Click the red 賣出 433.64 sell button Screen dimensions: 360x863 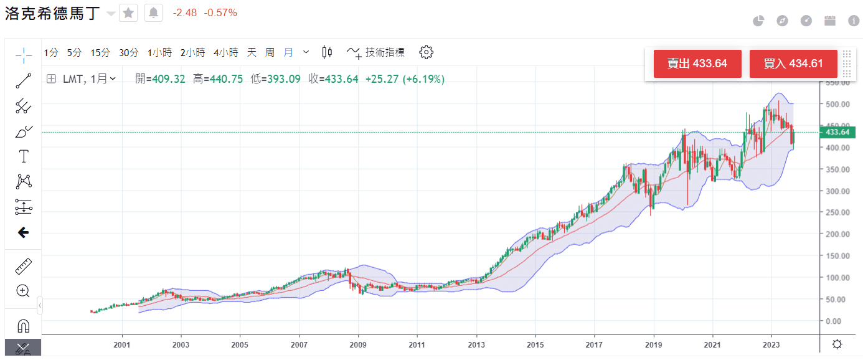point(697,64)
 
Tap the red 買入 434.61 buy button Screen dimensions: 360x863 point(793,64)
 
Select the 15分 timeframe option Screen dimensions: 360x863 point(100,53)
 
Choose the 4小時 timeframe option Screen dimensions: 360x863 point(225,53)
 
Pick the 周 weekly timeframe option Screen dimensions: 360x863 point(270,53)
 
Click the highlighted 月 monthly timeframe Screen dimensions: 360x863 point(288,53)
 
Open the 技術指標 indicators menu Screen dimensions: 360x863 point(376,53)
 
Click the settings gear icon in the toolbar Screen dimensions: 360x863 point(426,52)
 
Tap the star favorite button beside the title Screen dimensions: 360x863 point(128,13)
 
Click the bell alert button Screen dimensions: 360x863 point(153,13)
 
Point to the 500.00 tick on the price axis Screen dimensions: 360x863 point(837,104)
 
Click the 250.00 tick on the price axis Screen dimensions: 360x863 point(837,212)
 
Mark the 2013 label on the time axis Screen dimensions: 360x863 point(476,344)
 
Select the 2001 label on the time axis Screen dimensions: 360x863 point(122,344)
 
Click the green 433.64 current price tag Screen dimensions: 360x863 point(837,132)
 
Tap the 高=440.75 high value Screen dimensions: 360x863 point(218,79)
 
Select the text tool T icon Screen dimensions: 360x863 point(24,156)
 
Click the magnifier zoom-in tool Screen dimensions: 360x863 point(24,291)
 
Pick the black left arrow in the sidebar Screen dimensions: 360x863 point(24,232)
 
